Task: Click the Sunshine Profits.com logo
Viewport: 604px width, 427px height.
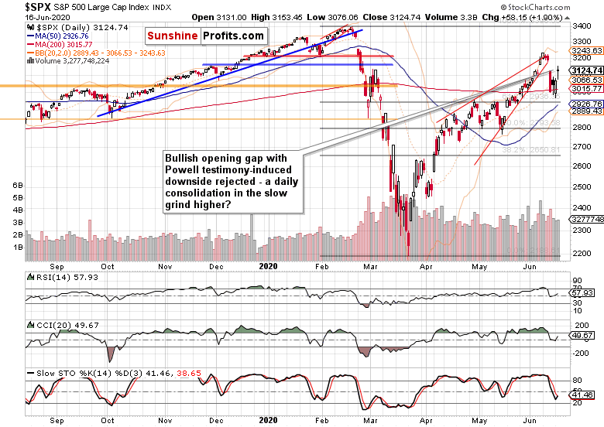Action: click(205, 36)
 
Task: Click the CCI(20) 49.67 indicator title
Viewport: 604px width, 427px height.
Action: click(60, 323)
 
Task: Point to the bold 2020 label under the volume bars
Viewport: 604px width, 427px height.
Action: click(268, 266)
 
